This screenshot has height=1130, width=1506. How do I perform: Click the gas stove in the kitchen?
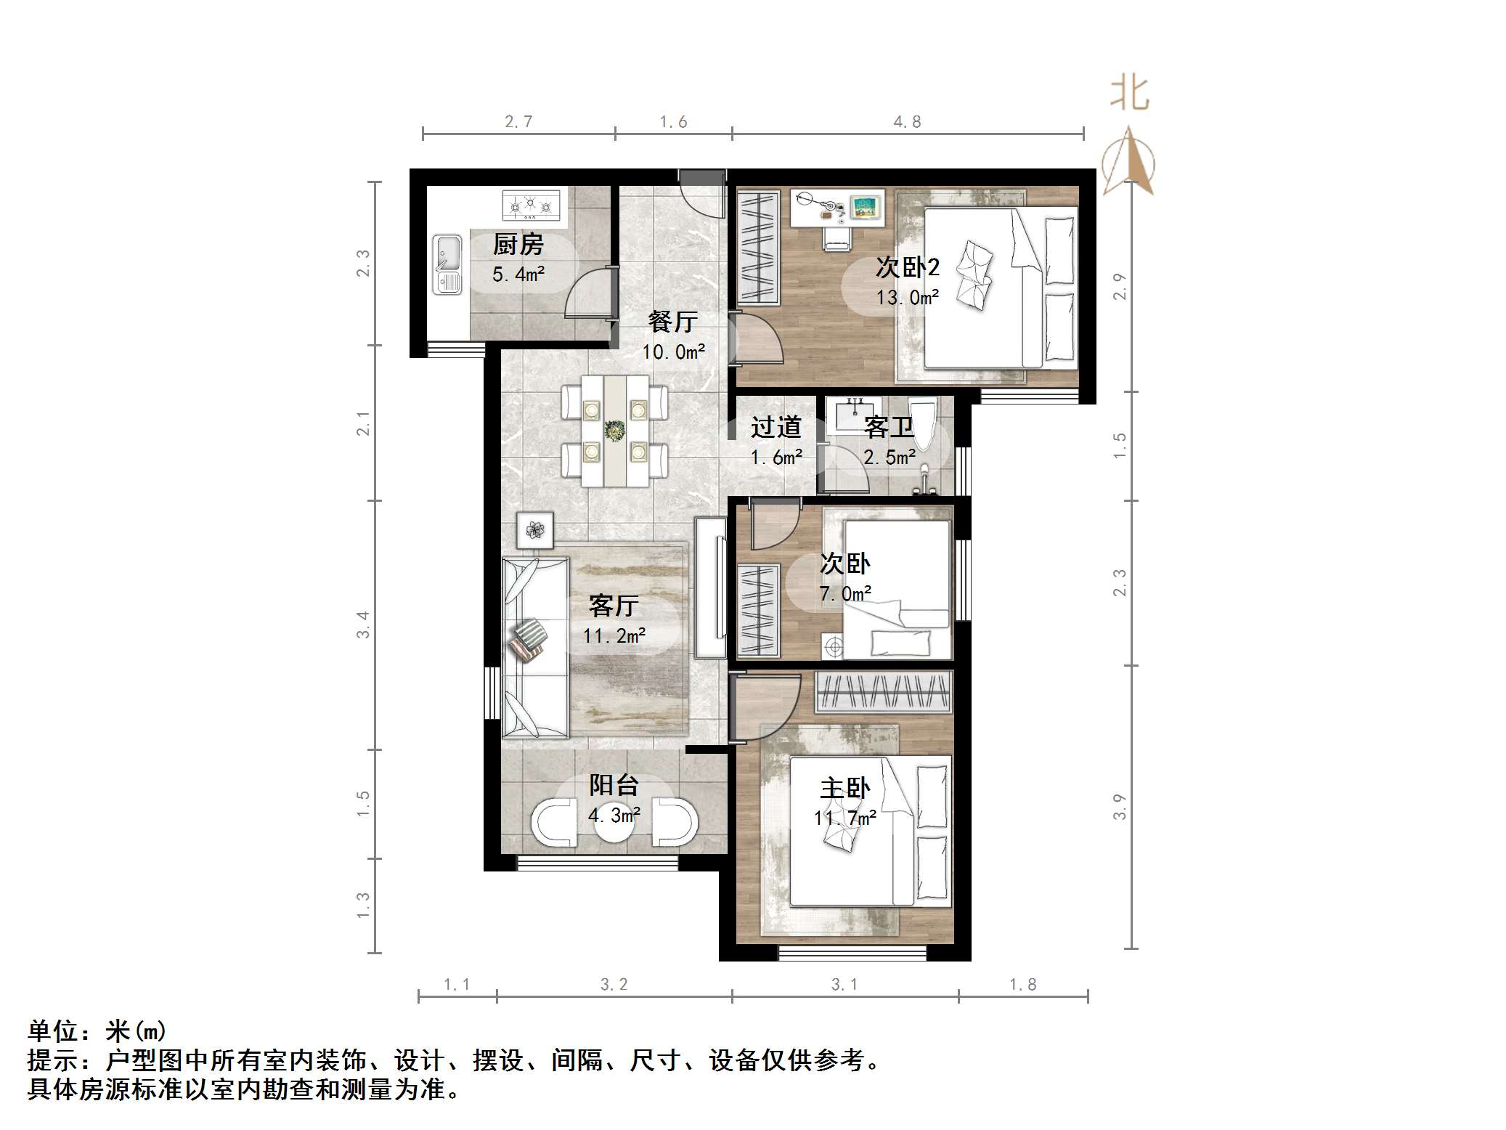click(532, 205)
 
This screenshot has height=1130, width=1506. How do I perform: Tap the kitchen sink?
click(447, 264)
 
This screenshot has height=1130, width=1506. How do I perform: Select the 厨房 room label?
click(518, 245)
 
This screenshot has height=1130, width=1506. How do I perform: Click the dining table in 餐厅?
click(615, 431)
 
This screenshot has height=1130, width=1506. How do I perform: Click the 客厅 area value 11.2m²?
click(614, 636)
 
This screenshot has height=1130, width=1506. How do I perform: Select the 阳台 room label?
click(614, 785)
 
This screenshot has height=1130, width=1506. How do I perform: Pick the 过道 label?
click(776, 427)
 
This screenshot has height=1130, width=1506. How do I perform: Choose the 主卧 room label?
click(844, 789)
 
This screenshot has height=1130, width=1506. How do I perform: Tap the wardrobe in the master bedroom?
click(884, 691)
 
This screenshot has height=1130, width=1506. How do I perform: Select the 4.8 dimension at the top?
click(907, 122)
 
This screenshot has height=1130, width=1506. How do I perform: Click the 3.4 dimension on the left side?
click(363, 625)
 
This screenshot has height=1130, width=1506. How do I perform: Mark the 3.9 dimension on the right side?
click(1120, 807)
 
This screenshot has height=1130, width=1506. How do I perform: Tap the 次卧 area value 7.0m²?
click(844, 594)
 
